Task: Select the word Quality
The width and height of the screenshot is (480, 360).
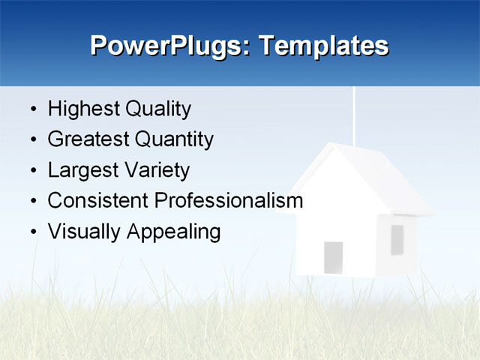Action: pyautogui.click(x=157, y=109)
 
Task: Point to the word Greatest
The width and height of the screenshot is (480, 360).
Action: pyautogui.click(x=88, y=139)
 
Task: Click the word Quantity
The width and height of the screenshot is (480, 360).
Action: pyautogui.click(x=174, y=139)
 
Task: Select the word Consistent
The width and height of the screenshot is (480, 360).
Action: pyautogui.click(x=97, y=201)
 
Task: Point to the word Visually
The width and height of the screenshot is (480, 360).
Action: pyautogui.click(x=85, y=232)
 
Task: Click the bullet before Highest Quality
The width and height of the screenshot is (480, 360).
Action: pyautogui.click(x=33, y=110)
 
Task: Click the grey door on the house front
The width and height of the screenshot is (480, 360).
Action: pyautogui.click(x=333, y=257)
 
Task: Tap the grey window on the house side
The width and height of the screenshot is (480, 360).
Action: pyautogui.click(x=397, y=239)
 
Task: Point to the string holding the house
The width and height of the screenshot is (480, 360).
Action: pyautogui.click(x=353, y=112)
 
